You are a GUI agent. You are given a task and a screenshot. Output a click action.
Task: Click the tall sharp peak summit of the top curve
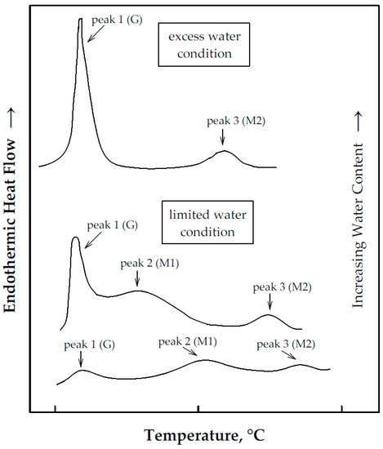[80, 20]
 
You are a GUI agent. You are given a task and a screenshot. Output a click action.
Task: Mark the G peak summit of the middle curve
[75, 238]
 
